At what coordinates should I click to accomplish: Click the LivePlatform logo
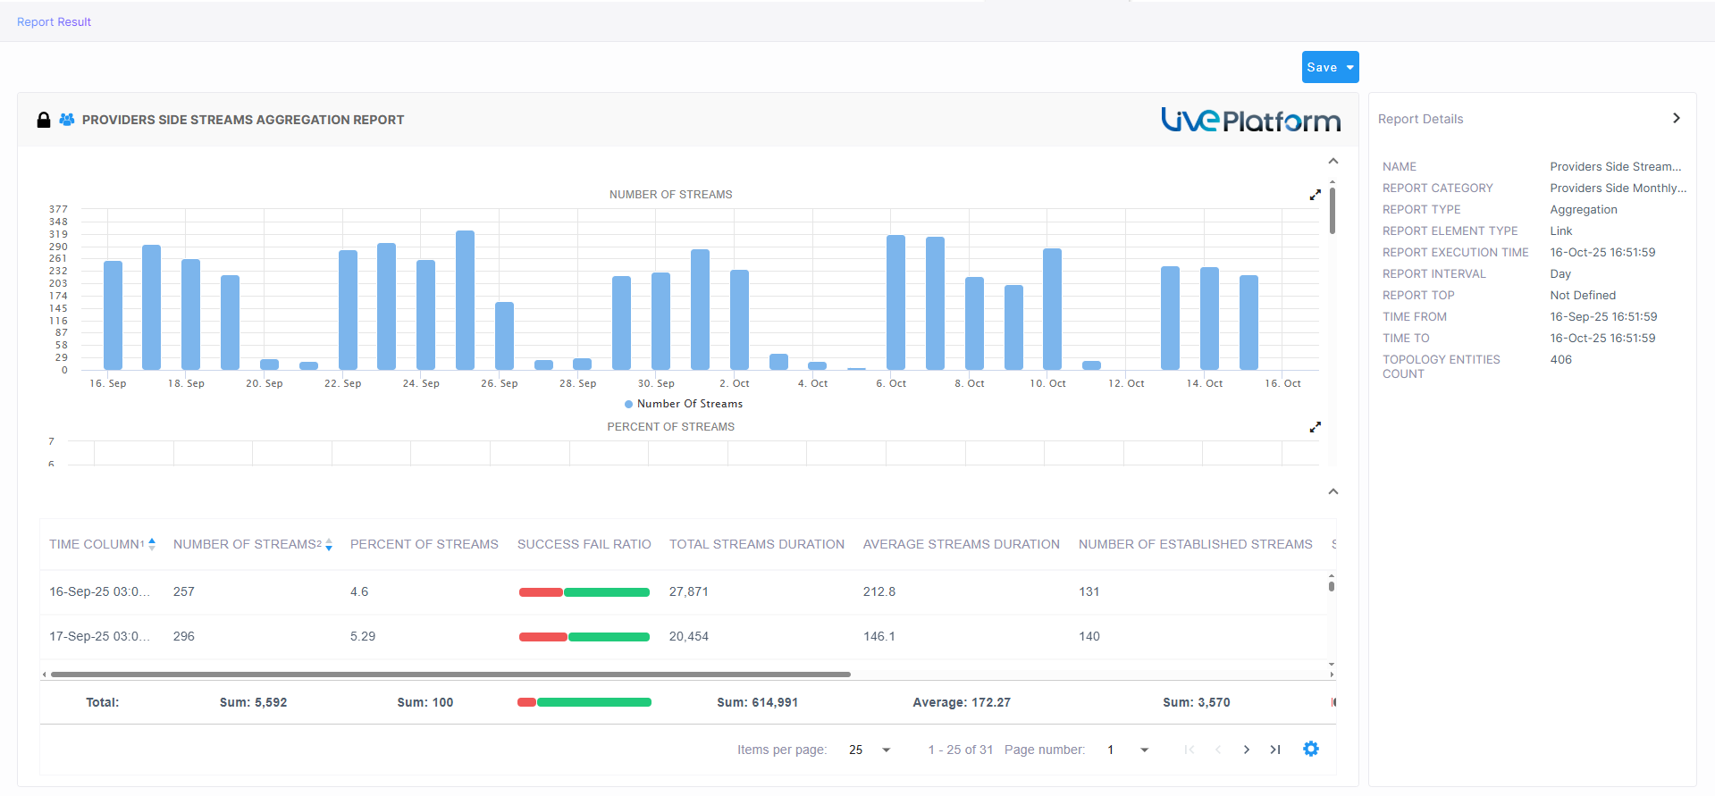pyautogui.click(x=1250, y=120)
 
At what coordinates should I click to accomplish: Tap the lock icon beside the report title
pyautogui.click(x=43, y=120)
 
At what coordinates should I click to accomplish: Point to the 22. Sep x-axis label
pyautogui.click(x=342, y=383)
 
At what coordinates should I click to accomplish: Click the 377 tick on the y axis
pyautogui.click(x=58, y=209)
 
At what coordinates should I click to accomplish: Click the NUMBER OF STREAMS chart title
pyautogui.click(x=670, y=194)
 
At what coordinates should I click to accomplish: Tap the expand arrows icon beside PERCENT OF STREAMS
pyautogui.click(x=1315, y=427)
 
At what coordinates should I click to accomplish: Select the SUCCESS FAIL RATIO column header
pyautogui.click(x=584, y=544)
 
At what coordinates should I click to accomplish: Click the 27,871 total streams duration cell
pyautogui.click(x=688, y=591)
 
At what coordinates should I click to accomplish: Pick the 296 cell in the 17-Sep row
pyautogui.click(x=184, y=636)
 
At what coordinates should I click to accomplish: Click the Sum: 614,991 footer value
pyautogui.click(x=757, y=702)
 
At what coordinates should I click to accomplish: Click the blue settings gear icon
pyautogui.click(x=1310, y=749)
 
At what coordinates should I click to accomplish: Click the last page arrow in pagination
pyautogui.click(x=1275, y=750)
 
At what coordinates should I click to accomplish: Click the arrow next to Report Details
pyautogui.click(x=1676, y=118)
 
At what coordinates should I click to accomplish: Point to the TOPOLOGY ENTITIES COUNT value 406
pyautogui.click(x=1560, y=359)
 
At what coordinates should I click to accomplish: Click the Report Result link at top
pyautogui.click(x=54, y=21)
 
